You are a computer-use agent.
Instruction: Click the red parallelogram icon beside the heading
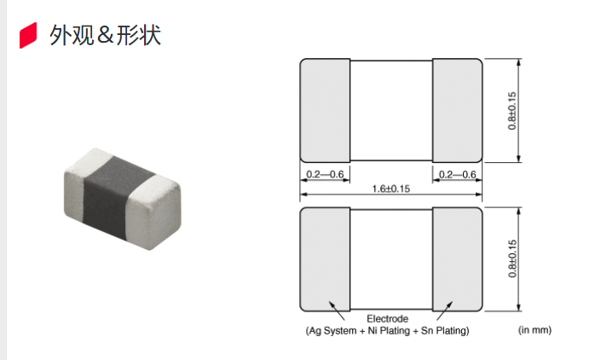click(28, 35)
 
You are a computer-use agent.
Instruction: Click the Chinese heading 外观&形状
click(105, 35)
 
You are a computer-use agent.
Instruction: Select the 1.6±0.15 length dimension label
click(391, 189)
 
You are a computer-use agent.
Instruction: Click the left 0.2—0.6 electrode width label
click(325, 174)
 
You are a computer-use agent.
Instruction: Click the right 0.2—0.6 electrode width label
click(457, 174)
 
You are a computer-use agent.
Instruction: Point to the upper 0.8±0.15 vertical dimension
click(512, 111)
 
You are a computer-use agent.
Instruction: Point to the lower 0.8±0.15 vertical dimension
click(512, 258)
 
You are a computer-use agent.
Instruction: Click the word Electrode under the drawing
click(388, 318)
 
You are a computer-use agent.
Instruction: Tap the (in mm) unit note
click(534, 330)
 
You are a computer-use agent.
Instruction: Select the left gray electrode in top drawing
click(325, 111)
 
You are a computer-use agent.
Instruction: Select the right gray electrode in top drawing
click(457, 111)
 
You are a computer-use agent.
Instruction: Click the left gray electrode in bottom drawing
click(325, 259)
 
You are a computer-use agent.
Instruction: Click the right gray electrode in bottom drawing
click(457, 259)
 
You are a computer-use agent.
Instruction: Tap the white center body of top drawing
click(391, 110)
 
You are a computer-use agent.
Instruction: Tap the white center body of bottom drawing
click(391, 259)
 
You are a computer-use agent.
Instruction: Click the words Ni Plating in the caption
click(389, 331)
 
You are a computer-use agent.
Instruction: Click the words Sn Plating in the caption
click(445, 331)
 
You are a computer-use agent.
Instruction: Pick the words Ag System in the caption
click(332, 331)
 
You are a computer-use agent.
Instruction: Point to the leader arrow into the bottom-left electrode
click(337, 311)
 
